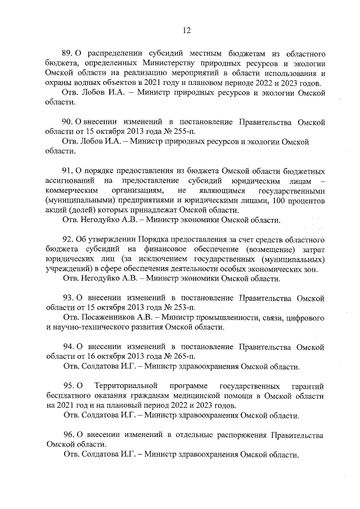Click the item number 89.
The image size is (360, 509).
pos(67,54)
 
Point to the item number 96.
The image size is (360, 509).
pos(67,435)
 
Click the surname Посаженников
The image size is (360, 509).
pos(109,317)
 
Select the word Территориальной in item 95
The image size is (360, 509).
pos(126,385)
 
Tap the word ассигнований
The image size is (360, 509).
pos(70,181)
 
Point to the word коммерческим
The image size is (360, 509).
pos(73,191)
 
